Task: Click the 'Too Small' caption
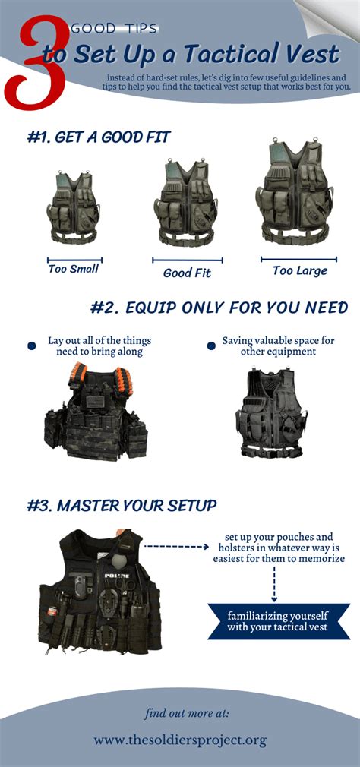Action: [74, 268]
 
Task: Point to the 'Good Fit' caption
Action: [187, 273]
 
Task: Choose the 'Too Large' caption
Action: [300, 270]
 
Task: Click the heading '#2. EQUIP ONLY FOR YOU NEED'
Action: [219, 308]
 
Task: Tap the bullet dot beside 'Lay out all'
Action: [32, 346]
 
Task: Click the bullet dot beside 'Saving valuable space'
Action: [211, 346]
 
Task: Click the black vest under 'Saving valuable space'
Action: [271, 413]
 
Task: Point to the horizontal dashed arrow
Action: [176, 546]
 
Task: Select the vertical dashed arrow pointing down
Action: [273, 584]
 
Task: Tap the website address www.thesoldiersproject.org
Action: [180, 740]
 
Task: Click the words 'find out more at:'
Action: [187, 713]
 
